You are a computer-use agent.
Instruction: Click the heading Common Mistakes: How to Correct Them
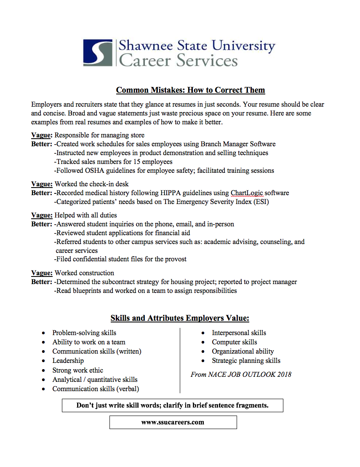[190, 90]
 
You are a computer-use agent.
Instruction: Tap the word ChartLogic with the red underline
[247, 193]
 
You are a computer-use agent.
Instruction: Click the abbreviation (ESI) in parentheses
[261, 201]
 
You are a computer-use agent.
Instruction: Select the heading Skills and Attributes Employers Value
[180, 318]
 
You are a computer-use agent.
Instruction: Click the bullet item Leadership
[68, 361]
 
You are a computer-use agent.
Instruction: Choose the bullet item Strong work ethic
[77, 370]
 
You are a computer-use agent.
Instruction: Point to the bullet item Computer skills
[234, 342]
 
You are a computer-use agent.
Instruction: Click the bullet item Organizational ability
[243, 352]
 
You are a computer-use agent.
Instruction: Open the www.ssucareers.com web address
[173, 422]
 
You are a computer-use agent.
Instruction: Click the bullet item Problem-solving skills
[84, 333]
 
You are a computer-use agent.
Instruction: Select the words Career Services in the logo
[178, 61]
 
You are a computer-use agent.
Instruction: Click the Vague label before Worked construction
[42, 273]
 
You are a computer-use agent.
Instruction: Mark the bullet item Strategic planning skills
[246, 361]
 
